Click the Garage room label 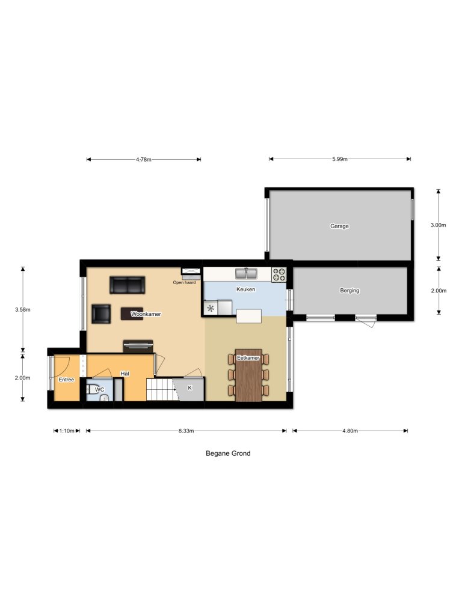(339, 226)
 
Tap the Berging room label (350, 291)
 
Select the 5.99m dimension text (340, 159)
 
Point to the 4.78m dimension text (143, 159)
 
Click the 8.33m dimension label (185, 431)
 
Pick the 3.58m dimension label (23, 310)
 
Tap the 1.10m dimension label (66, 431)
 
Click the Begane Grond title (228, 453)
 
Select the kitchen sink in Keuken (247, 274)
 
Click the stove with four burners (279, 274)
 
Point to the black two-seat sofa (128, 285)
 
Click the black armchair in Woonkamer (101, 314)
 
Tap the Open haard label (184, 282)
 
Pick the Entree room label (66, 380)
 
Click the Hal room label (125, 374)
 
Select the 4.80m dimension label (350, 431)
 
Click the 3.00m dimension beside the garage (439, 225)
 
